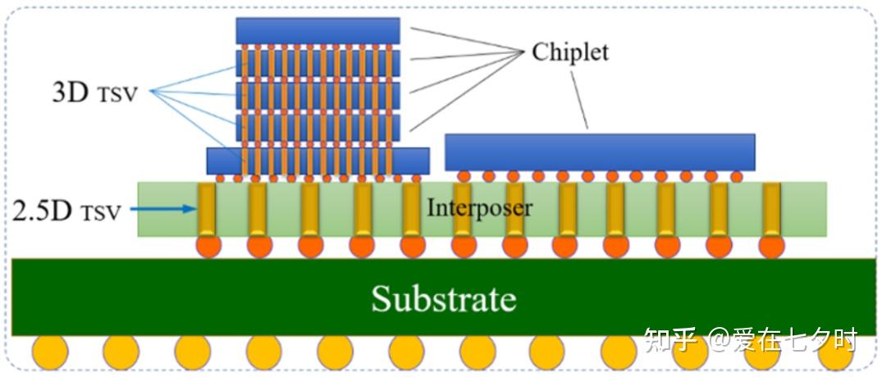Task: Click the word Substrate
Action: pyautogui.click(x=444, y=298)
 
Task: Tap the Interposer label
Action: pyautogui.click(x=479, y=208)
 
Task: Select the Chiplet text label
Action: pyautogui.click(x=570, y=52)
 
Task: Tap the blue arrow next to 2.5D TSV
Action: pyautogui.click(x=162, y=209)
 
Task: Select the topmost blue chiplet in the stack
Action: pyautogui.click(x=318, y=31)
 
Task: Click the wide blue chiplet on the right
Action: pyautogui.click(x=601, y=152)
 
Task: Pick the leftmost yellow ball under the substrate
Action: pyautogui.click(x=50, y=352)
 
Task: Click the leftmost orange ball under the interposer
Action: pyautogui.click(x=208, y=246)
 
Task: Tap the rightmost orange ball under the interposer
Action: pyautogui.click(x=771, y=246)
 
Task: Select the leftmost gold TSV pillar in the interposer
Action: pyautogui.click(x=207, y=209)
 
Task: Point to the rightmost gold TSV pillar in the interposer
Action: pyautogui.click(x=771, y=209)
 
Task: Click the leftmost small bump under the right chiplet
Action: pyautogui.click(x=464, y=176)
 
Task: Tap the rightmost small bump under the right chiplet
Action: pyautogui.click(x=736, y=176)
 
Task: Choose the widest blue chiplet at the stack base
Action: pyautogui.click(x=318, y=161)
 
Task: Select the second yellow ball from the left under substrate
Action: pyautogui.click(x=121, y=352)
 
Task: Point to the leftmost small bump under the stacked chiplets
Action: pyautogui.click(x=220, y=179)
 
